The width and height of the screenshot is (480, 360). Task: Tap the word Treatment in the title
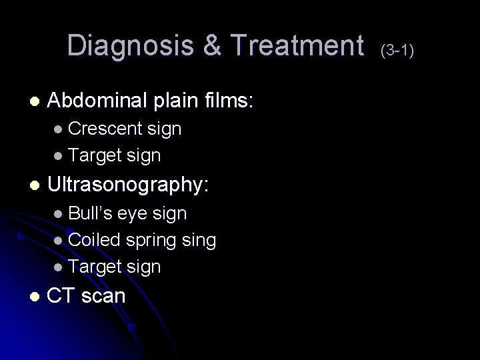pos(295,46)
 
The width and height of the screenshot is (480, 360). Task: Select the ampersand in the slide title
pos(210,46)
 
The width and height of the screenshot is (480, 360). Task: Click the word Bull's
pos(91,213)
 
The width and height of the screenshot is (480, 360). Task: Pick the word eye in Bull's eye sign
pos(134,214)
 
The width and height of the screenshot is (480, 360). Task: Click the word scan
pos(103,295)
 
